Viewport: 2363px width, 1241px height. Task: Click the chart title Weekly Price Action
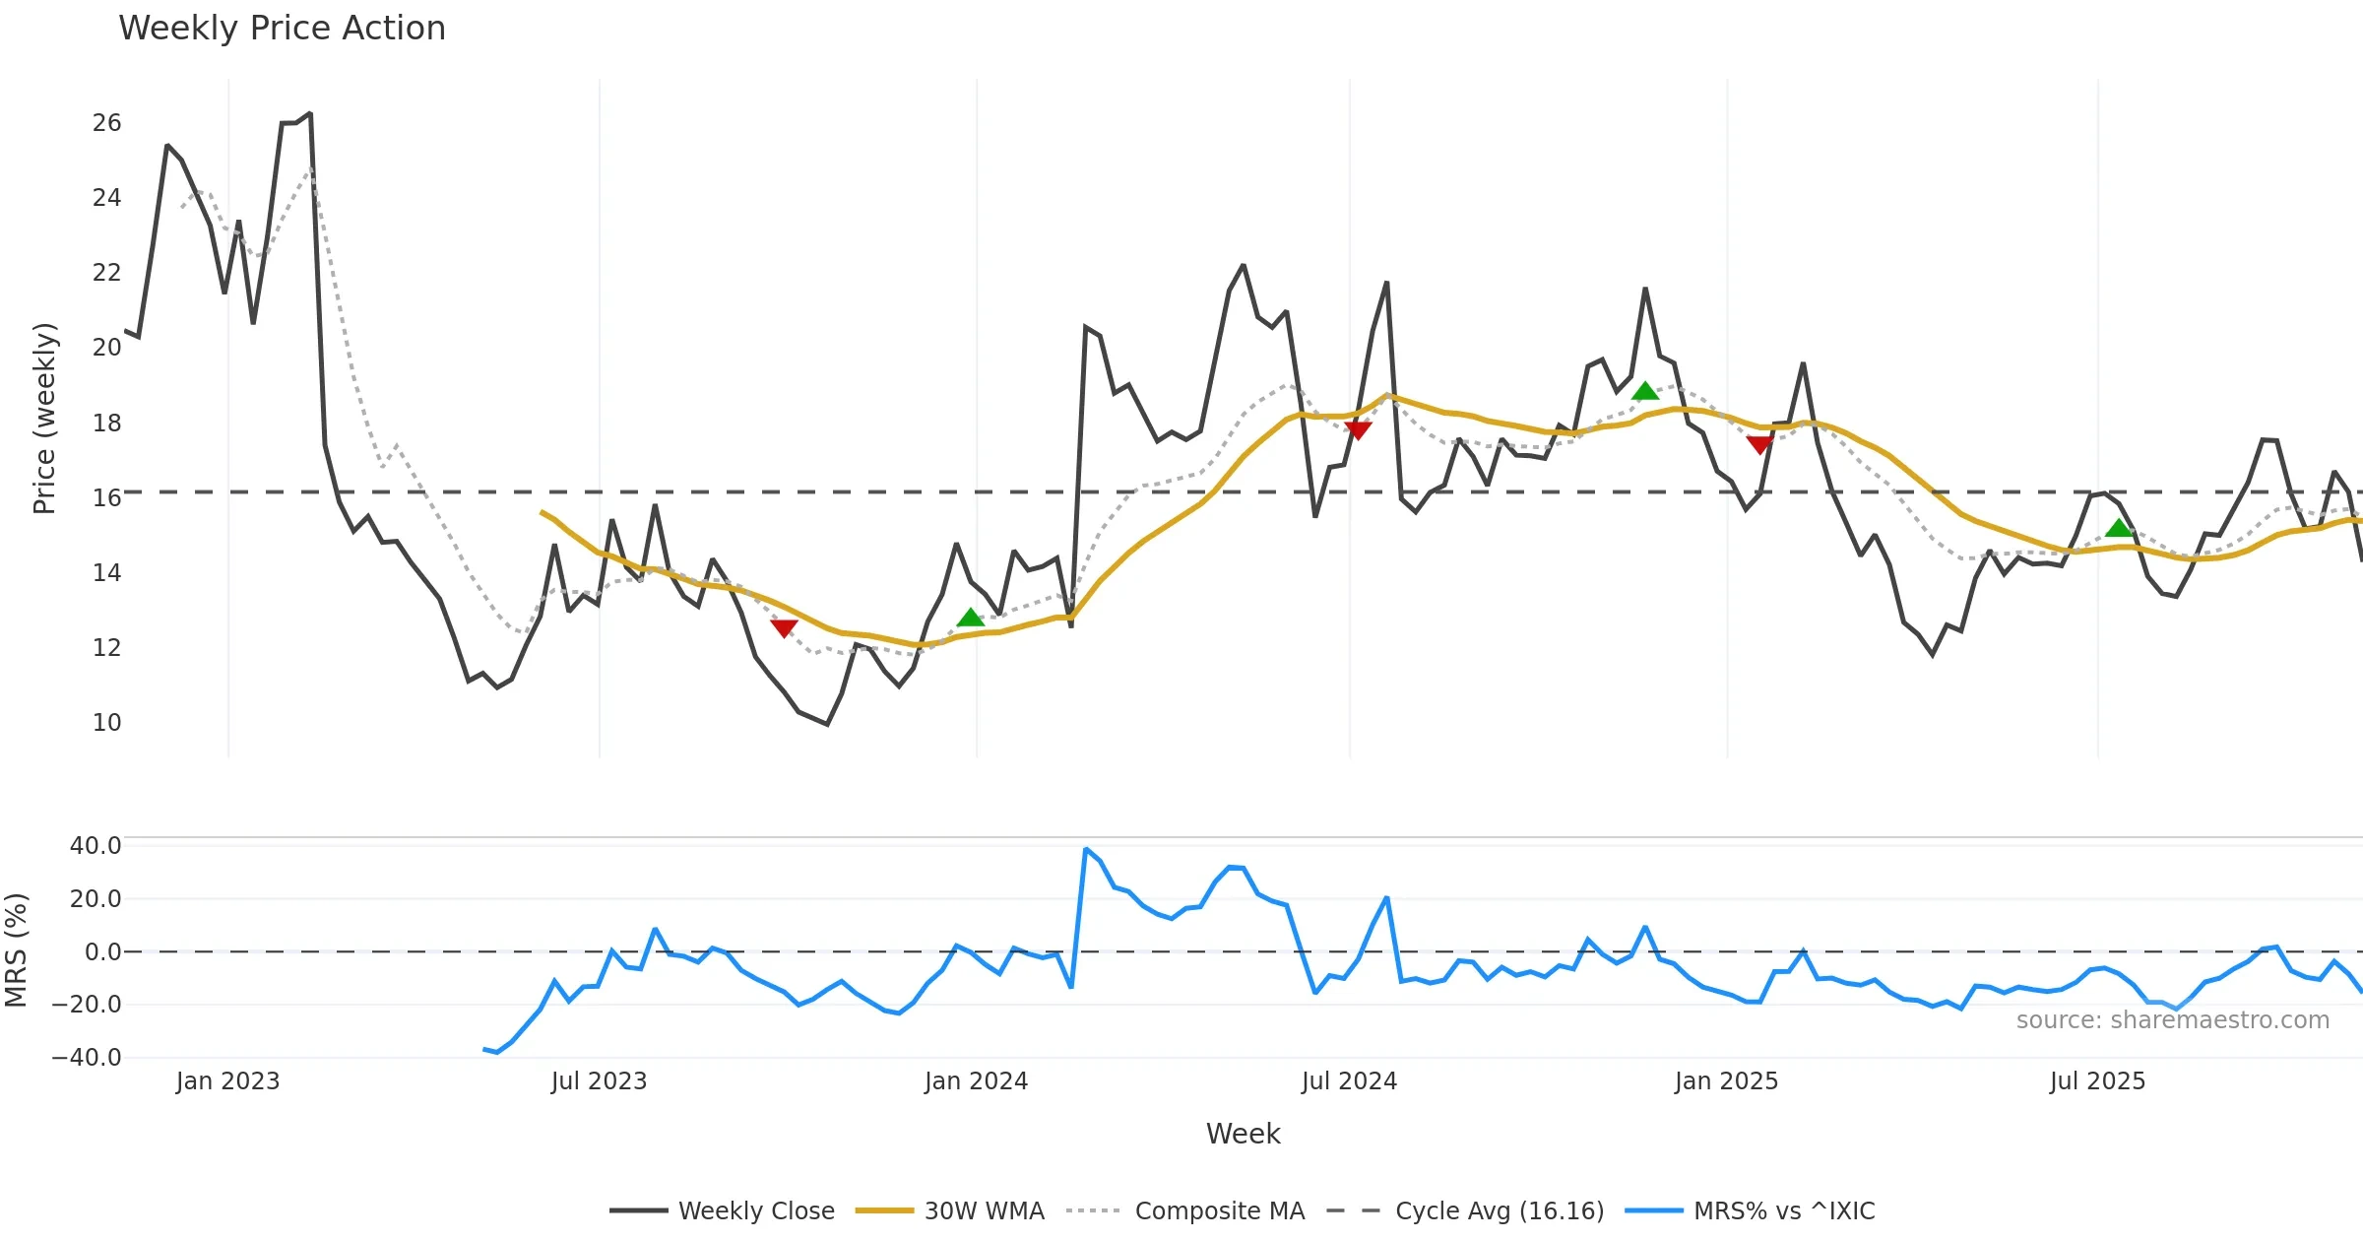click(282, 29)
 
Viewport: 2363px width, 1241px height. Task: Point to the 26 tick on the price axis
click(106, 123)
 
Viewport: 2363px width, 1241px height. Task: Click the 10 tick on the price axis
click(106, 723)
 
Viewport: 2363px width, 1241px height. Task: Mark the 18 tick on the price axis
click(106, 424)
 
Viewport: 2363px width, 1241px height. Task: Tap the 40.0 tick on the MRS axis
click(96, 846)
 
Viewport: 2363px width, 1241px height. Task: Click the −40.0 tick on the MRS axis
click(87, 1058)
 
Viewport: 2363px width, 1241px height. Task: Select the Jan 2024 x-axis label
click(976, 1081)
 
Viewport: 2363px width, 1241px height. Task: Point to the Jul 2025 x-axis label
click(2097, 1081)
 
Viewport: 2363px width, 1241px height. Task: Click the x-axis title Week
click(1243, 1134)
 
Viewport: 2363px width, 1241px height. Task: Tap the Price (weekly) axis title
click(44, 419)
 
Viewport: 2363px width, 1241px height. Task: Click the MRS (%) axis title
click(16, 950)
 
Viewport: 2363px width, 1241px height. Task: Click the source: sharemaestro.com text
click(2172, 1020)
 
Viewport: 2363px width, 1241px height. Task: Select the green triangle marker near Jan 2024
click(971, 618)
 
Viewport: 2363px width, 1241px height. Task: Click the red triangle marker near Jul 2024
click(1358, 430)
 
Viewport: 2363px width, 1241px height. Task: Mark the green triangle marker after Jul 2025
click(2119, 528)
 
